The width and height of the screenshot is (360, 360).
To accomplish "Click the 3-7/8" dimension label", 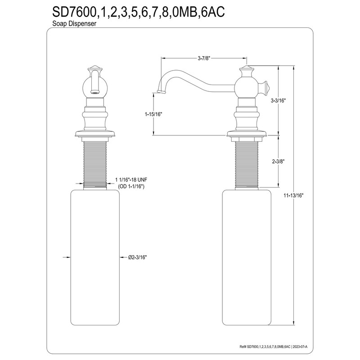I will coord(204,58).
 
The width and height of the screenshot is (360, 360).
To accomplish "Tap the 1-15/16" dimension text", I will coord(153,114).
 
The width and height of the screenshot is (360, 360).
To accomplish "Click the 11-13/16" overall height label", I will coord(294,196).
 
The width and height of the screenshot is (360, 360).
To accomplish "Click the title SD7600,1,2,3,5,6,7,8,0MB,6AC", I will coord(135,12).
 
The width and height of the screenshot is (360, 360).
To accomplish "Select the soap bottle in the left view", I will coord(95,256).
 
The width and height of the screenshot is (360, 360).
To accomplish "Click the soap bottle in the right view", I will coord(247,256).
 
